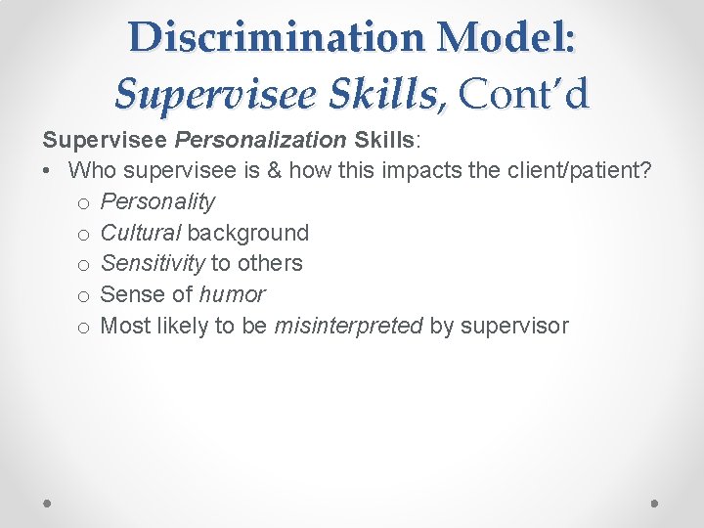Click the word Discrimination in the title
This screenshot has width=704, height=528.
277,37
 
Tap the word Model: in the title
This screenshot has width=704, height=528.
507,37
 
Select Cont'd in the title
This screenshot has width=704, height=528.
524,94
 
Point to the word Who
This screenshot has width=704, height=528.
91,170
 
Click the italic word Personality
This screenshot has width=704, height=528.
157,201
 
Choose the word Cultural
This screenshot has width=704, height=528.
141,233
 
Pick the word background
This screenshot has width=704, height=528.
247,233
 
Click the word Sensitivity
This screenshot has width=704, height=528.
153,263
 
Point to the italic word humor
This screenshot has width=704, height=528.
232,294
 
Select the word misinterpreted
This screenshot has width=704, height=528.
349,326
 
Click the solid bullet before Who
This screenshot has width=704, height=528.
48,171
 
